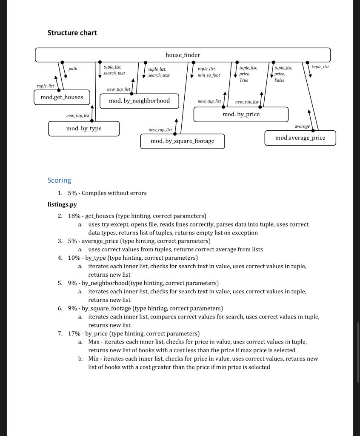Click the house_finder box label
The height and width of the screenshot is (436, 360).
183,55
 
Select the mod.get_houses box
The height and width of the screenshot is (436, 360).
62,97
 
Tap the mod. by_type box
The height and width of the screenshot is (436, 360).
84,128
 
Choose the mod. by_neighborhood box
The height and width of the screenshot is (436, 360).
139,101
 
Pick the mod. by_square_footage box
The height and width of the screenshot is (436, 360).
182,141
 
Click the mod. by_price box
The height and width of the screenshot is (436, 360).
241,114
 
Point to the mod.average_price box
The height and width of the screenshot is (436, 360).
300,138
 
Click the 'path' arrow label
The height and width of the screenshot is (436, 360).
73,68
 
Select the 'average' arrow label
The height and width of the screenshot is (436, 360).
302,126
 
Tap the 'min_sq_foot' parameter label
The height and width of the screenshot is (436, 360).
209,75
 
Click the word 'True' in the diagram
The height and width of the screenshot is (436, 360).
244,80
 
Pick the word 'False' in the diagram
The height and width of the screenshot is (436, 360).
279,80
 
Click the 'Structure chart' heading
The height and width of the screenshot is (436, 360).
72,33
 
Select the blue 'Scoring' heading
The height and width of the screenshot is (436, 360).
59,180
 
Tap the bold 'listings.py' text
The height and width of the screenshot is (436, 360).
62,204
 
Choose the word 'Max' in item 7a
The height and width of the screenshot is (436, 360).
94,342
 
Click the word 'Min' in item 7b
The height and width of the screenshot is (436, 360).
93,359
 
